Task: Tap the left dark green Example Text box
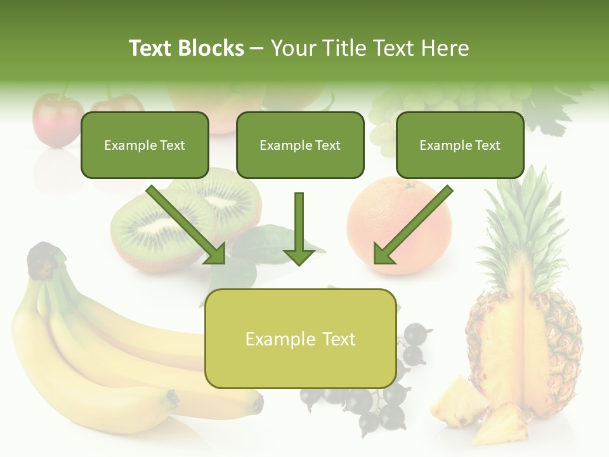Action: pos(145,145)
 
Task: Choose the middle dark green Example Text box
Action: pos(300,145)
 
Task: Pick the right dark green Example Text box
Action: pos(460,145)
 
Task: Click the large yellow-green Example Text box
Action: pos(300,339)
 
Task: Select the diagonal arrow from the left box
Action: pos(187,225)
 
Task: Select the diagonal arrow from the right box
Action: pos(412,225)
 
